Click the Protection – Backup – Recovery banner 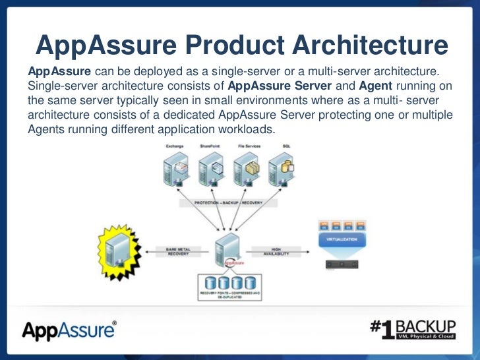227,204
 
